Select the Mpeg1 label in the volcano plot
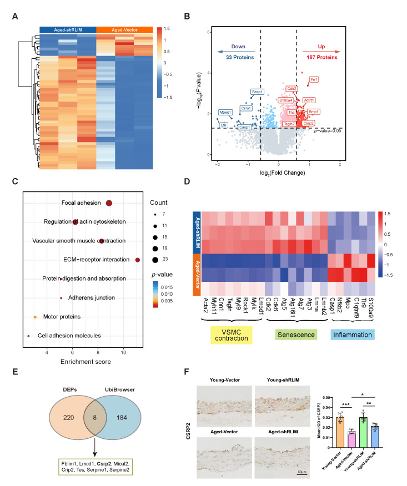(x=225, y=112)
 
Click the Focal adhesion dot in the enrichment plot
(x=109, y=204)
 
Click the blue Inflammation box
(x=352, y=336)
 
